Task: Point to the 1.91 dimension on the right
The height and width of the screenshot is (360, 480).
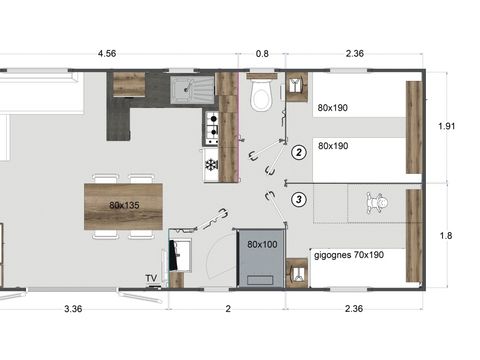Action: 448,126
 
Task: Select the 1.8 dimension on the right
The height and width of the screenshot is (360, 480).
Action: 448,236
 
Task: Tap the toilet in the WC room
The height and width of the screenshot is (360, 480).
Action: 262,98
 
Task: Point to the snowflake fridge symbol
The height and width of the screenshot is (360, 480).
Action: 211,164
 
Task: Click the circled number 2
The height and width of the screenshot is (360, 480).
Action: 298,153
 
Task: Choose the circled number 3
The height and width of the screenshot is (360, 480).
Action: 298,199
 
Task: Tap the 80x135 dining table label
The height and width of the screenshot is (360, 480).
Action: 124,204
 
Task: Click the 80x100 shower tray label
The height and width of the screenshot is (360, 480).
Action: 261,243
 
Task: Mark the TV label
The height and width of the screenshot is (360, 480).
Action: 151,278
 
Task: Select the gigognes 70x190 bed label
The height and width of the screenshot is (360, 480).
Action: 347,256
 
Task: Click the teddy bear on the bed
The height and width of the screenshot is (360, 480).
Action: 378,204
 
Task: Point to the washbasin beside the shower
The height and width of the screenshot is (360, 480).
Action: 296,271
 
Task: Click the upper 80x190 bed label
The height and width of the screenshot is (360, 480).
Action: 333,107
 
